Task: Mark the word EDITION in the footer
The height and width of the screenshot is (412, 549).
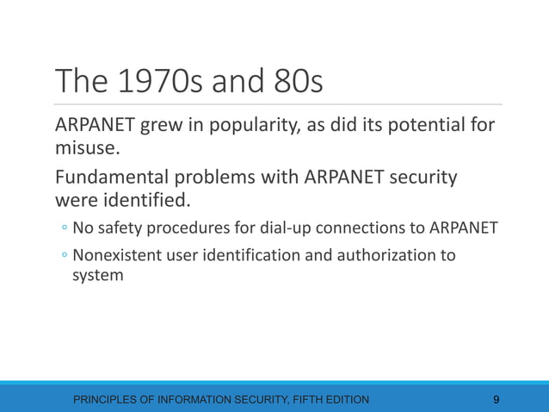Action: click(x=347, y=399)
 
